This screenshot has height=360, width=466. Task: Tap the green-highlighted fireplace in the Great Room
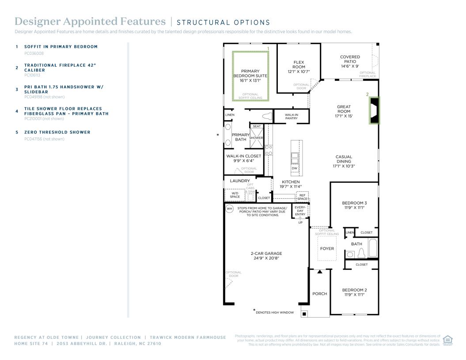(375, 110)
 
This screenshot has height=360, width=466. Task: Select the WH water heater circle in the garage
(229, 208)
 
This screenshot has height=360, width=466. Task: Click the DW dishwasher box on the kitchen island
(294, 168)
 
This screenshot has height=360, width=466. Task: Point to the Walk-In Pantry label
(291, 116)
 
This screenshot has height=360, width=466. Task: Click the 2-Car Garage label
(266, 256)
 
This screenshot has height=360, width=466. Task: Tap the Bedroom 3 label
(354, 205)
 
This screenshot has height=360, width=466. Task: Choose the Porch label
(319, 294)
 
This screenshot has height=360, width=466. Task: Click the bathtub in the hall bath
(373, 248)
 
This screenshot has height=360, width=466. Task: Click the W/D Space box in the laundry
(235, 195)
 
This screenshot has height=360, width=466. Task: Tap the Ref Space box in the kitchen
(302, 197)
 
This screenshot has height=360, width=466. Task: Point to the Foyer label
(327, 249)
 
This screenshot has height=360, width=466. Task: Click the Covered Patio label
(350, 61)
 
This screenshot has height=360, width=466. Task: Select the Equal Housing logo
(447, 340)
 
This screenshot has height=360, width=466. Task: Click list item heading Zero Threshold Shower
(57, 132)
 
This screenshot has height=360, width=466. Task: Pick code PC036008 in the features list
(34, 53)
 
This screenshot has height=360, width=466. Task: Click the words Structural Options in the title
(224, 23)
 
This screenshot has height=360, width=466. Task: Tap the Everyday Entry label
(300, 211)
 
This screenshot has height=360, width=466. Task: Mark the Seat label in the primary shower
(257, 126)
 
